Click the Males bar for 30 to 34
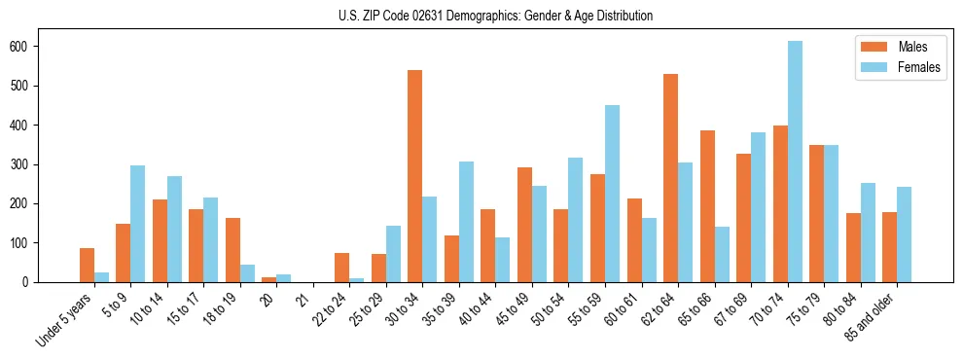(x=415, y=176)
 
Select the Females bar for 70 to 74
(x=795, y=162)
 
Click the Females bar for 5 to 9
(x=138, y=224)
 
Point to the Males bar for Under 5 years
(x=87, y=265)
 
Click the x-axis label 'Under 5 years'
(x=66, y=317)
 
